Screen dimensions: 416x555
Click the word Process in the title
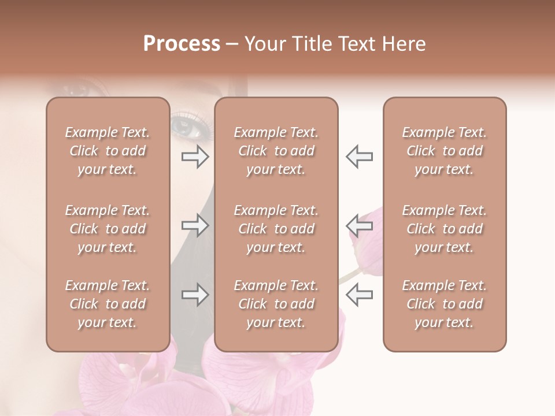click(x=182, y=44)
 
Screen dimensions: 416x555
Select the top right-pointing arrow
click(x=195, y=157)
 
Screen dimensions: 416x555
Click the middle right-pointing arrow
click(x=195, y=225)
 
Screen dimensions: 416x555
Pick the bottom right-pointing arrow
click(x=195, y=295)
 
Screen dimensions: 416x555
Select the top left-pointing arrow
click(x=360, y=157)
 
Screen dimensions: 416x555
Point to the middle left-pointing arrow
click(x=360, y=225)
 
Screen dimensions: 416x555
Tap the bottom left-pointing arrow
click(x=360, y=295)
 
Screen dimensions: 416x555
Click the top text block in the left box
click(x=108, y=151)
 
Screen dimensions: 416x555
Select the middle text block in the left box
click(x=108, y=229)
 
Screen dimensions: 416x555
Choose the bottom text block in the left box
click(x=108, y=304)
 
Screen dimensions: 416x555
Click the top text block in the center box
click(x=276, y=151)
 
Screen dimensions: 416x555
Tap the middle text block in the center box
click(x=276, y=229)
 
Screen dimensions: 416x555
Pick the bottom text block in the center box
click(x=276, y=304)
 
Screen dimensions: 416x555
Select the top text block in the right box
click(x=445, y=151)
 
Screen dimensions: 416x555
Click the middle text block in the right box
click(x=445, y=229)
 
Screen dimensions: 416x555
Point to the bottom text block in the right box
click(x=445, y=304)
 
